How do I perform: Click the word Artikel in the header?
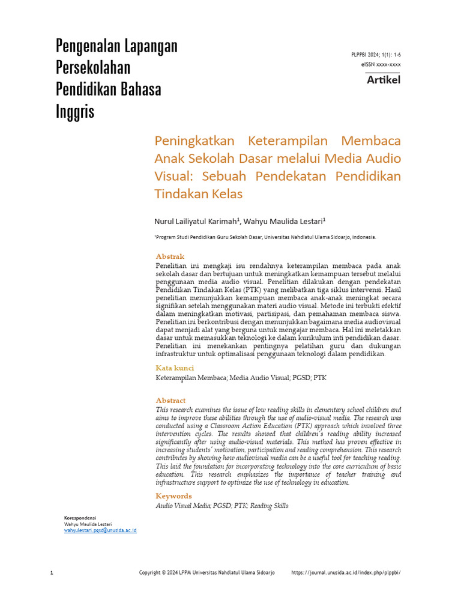(383, 80)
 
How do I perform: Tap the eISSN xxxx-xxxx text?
(381, 64)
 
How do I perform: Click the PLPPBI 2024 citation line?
(376, 55)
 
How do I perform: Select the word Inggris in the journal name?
(75, 111)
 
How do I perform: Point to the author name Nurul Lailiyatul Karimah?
(196, 220)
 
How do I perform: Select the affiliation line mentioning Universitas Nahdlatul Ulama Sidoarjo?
(265, 237)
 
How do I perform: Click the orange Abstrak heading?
(170, 256)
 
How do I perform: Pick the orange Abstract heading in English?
(170, 401)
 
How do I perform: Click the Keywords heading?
(173, 496)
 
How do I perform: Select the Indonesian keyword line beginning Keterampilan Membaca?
(241, 378)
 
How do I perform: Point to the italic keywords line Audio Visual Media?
(221, 506)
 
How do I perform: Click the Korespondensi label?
(80, 518)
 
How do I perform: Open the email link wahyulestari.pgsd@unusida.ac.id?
(100, 530)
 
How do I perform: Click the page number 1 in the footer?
(52, 573)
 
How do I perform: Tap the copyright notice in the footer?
(206, 573)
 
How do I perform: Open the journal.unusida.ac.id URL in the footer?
(345, 573)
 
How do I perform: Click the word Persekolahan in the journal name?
(93, 67)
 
